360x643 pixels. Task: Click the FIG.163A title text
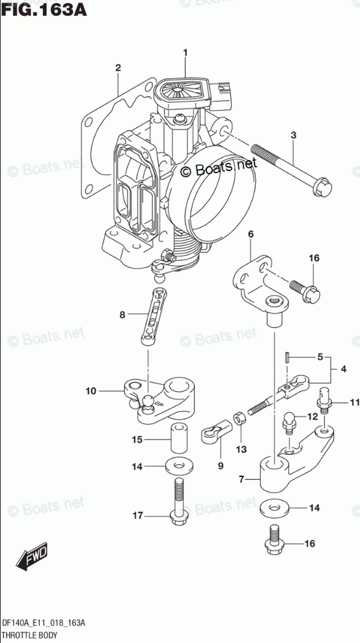(x=44, y=9)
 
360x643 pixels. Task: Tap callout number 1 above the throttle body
(x=186, y=53)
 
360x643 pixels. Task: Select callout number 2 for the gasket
(x=118, y=68)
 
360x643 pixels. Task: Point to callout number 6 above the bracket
(x=251, y=234)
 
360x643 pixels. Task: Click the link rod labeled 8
(x=154, y=316)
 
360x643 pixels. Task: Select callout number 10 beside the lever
(x=90, y=390)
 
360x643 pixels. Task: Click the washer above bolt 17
(x=180, y=466)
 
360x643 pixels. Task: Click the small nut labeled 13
(x=239, y=418)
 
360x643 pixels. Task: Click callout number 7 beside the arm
(x=242, y=478)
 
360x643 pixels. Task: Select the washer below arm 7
(x=275, y=508)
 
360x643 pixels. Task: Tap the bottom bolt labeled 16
(x=275, y=538)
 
